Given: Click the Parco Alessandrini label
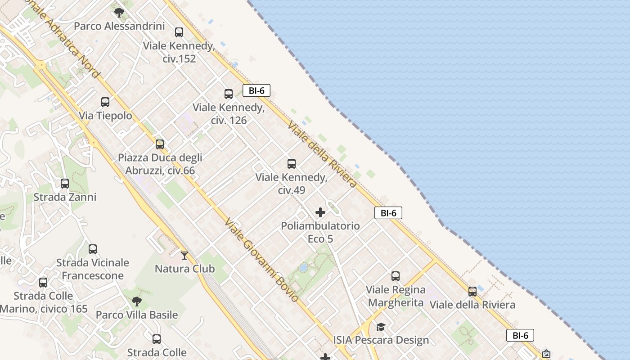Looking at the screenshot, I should (x=119, y=26).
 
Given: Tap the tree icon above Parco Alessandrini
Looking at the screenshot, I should (x=119, y=12).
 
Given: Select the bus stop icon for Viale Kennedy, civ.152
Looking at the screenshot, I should (x=179, y=32).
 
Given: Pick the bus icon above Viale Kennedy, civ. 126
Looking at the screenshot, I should (x=229, y=94).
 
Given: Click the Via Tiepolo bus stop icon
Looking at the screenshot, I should (x=105, y=102).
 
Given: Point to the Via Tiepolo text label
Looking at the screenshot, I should (x=106, y=116).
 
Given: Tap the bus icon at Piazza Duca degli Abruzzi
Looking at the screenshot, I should (x=160, y=144).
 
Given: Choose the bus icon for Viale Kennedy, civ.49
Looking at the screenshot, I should (x=292, y=164).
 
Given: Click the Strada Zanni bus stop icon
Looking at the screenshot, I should (x=65, y=184).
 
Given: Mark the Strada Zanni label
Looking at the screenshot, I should (x=65, y=197).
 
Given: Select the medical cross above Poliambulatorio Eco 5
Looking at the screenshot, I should (x=320, y=212).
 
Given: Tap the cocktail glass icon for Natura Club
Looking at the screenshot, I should (x=184, y=256).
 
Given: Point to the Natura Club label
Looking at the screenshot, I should (x=184, y=269).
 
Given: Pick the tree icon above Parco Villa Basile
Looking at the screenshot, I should (x=137, y=301).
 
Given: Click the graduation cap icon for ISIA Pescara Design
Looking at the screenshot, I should (x=381, y=327).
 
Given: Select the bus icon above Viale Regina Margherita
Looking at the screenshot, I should (x=396, y=276).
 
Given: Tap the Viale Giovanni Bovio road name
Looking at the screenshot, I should (x=261, y=260).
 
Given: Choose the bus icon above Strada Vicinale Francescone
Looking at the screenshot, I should (x=93, y=249).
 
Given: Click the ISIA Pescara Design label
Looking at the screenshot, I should (x=381, y=340).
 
